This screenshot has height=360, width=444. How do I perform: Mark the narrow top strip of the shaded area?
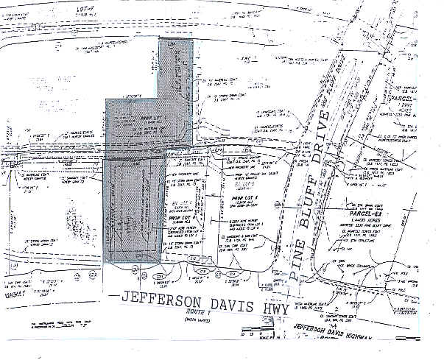(177, 69)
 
